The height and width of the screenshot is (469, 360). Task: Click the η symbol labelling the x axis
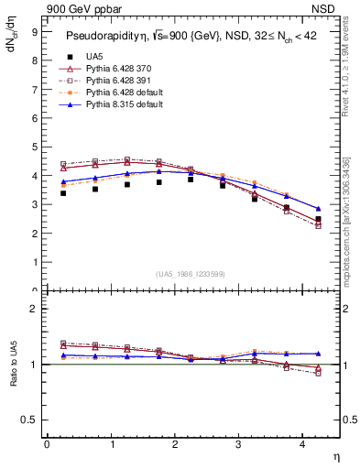click(x=334, y=455)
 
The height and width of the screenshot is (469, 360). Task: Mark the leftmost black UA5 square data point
click(x=63, y=193)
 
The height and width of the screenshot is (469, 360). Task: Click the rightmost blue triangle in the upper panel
click(x=318, y=209)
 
